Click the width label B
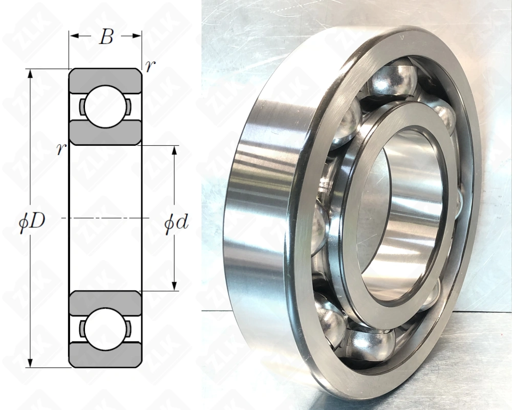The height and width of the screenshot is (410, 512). pyautogui.click(x=105, y=37)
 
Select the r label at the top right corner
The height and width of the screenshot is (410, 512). pyautogui.click(x=148, y=66)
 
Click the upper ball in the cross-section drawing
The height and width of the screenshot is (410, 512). pyautogui.click(x=105, y=106)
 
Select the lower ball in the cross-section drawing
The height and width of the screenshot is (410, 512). pyautogui.click(x=105, y=329)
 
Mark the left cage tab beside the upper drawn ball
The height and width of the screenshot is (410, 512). pyautogui.click(x=82, y=106)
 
